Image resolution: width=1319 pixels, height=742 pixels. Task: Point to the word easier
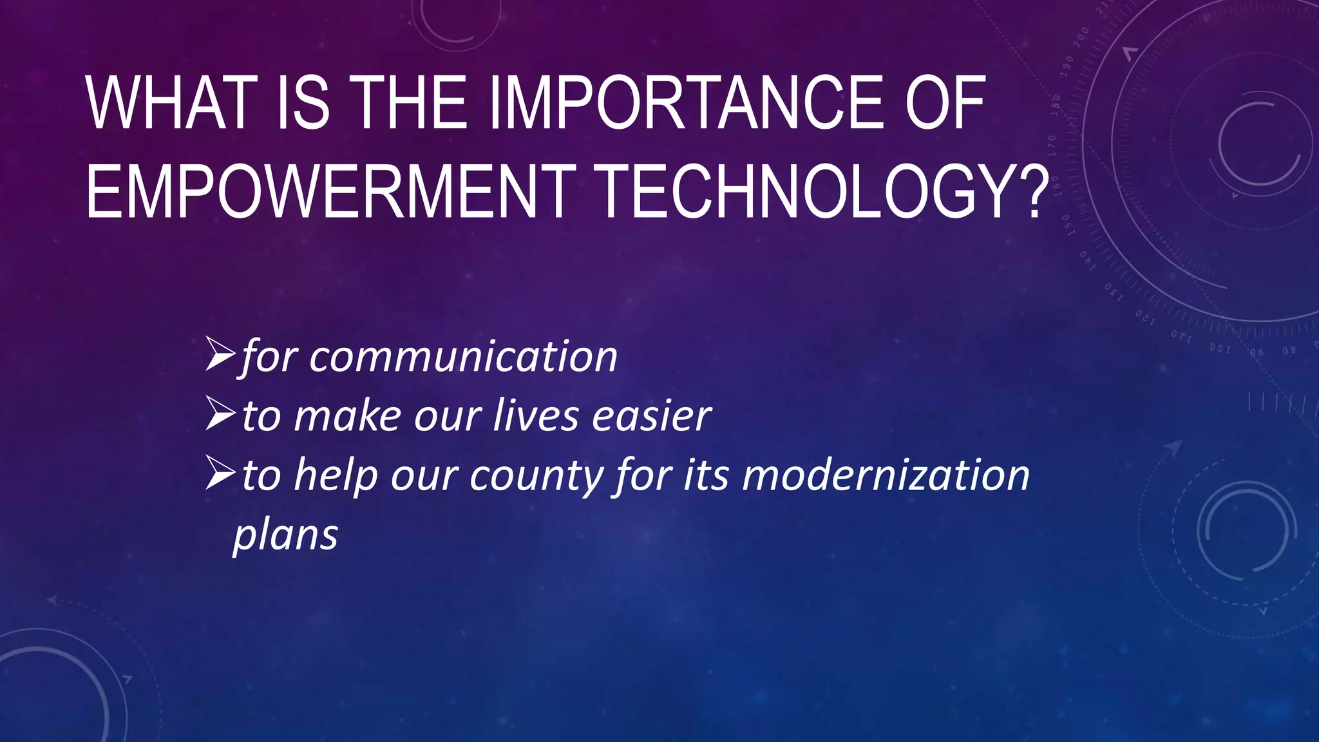(652, 415)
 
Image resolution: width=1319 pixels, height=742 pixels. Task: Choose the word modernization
(886, 475)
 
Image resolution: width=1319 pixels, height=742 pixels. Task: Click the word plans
(285, 535)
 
